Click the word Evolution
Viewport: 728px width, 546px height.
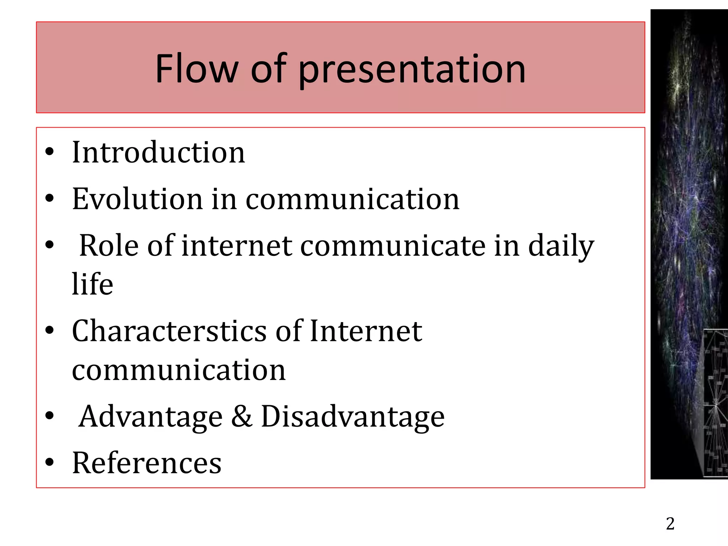pos(137,199)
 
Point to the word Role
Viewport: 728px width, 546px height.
pos(109,245)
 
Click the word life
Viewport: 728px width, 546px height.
pos(92,284)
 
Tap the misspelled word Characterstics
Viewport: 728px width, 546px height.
pos(169,331)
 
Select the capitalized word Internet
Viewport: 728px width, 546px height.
pos(366,331)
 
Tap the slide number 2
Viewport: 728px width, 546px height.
pos(670,524)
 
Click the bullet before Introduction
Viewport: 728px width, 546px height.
pos(49,152)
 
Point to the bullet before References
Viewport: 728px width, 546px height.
pos(49,462)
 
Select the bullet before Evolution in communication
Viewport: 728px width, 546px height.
pos(49,199)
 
